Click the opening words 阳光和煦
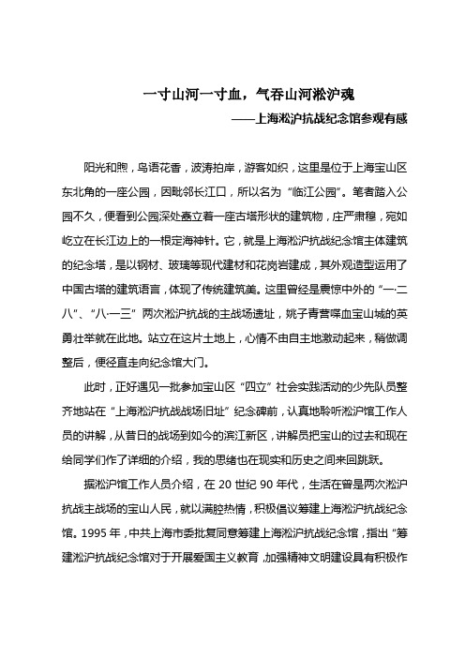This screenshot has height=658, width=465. [x=105, y=166]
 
